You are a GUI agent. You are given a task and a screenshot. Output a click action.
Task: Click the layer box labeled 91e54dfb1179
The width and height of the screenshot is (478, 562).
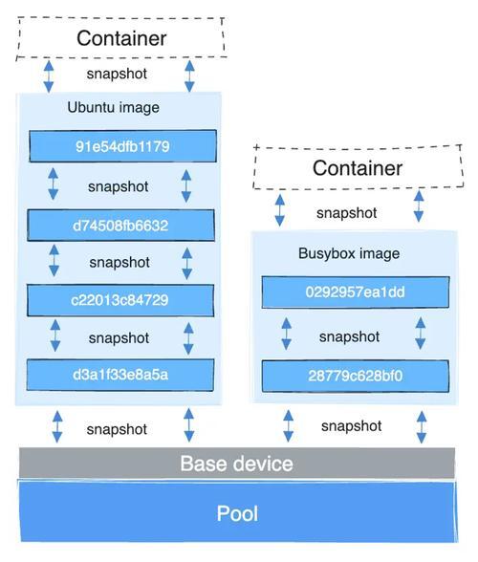[x=122, y=146]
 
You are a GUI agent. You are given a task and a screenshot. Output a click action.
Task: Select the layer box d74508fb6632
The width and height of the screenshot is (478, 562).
[x=120, y=226]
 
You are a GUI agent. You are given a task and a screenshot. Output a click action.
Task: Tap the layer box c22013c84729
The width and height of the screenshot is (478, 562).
[x=120, y=300]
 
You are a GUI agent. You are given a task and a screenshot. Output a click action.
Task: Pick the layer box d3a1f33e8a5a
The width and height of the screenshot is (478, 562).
[x=120, y=375]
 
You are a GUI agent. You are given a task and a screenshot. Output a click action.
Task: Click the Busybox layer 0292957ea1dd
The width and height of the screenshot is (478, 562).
[x=356, y=292]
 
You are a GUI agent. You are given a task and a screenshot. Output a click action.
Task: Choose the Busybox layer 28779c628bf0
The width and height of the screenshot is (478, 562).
[x=356, y=376]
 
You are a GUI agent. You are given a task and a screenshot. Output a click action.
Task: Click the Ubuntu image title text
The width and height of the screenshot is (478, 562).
[x=114, y=107]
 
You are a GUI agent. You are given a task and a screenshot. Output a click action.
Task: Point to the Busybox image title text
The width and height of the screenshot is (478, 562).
[x=349, y=253]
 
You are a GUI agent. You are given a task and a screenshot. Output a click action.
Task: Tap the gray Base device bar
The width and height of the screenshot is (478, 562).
[x=237, y=463]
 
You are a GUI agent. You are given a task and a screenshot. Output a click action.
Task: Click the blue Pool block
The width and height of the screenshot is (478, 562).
[x=238, y=512]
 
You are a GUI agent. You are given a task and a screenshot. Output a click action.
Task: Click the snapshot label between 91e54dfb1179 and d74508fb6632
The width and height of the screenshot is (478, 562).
[x=119, y=186]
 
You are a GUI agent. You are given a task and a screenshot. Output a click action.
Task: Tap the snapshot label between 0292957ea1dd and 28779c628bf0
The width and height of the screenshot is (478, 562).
[x=350, y=336]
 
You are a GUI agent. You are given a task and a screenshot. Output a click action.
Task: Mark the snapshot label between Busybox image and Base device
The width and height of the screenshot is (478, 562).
[x=352, y=426]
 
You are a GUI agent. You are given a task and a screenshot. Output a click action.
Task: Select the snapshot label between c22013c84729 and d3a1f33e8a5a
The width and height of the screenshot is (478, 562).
[x=119, y=338]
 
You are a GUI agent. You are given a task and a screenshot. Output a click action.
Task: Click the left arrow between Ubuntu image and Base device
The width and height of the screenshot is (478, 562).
[x=57, y=426]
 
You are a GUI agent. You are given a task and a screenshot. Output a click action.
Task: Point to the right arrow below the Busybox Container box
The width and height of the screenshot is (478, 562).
[x=419, y=206]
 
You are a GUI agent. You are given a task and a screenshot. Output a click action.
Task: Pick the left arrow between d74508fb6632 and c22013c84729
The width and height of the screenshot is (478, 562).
[x=54, y=260]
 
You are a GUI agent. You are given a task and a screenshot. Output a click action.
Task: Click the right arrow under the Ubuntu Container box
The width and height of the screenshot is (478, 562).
[x=189, y=76]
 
